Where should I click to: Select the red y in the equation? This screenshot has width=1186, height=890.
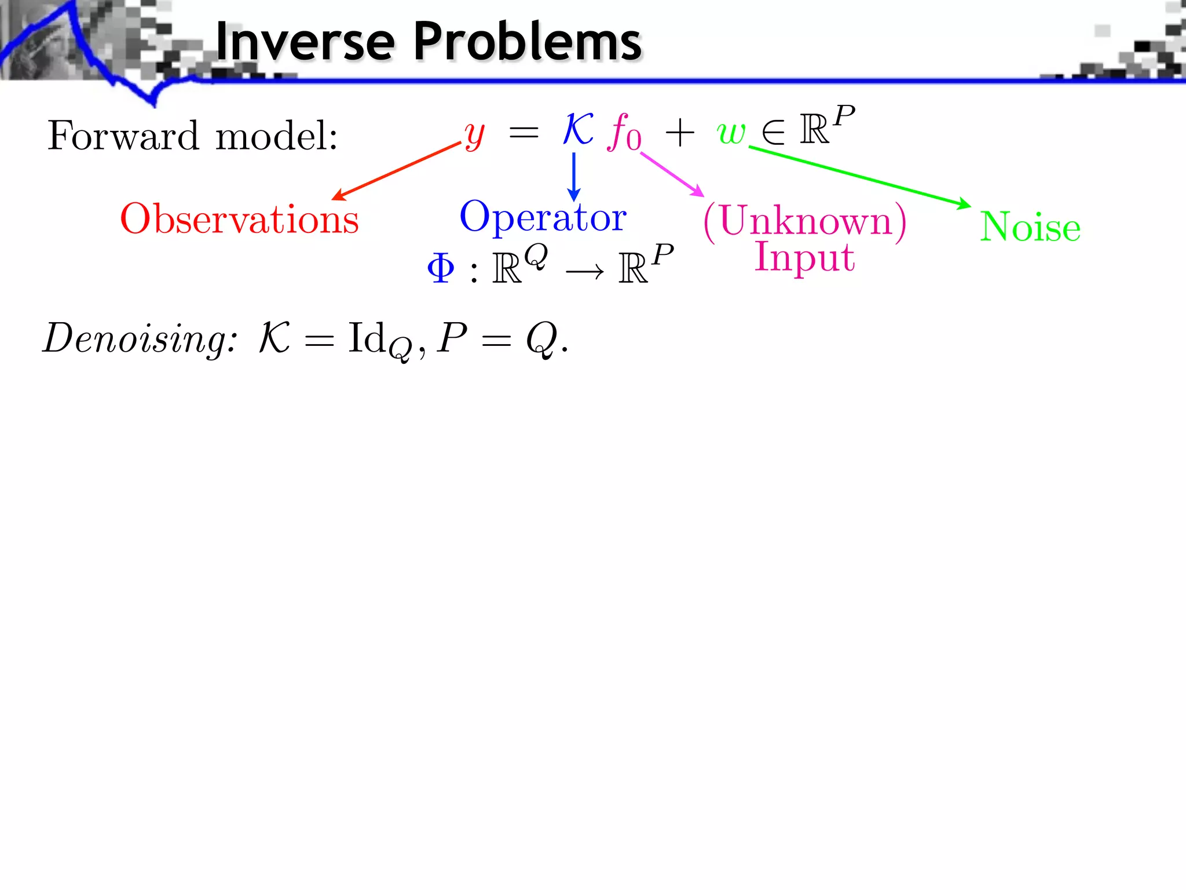474,134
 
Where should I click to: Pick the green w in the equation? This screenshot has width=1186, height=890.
731,132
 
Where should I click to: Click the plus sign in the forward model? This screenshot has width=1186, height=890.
679,133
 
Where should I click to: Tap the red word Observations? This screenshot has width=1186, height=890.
239,219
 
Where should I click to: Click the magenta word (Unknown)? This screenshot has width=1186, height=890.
804,221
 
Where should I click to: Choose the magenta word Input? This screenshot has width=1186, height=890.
804,256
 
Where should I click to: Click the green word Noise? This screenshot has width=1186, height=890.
1030,227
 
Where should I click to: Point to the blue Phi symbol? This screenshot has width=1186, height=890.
440,269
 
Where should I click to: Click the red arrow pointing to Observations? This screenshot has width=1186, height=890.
397,171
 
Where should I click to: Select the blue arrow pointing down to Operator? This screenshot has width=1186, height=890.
573,177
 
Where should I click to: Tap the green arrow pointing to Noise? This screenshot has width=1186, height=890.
860,176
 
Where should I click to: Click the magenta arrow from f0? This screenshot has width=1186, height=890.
672,174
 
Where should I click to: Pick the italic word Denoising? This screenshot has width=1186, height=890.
139,338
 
